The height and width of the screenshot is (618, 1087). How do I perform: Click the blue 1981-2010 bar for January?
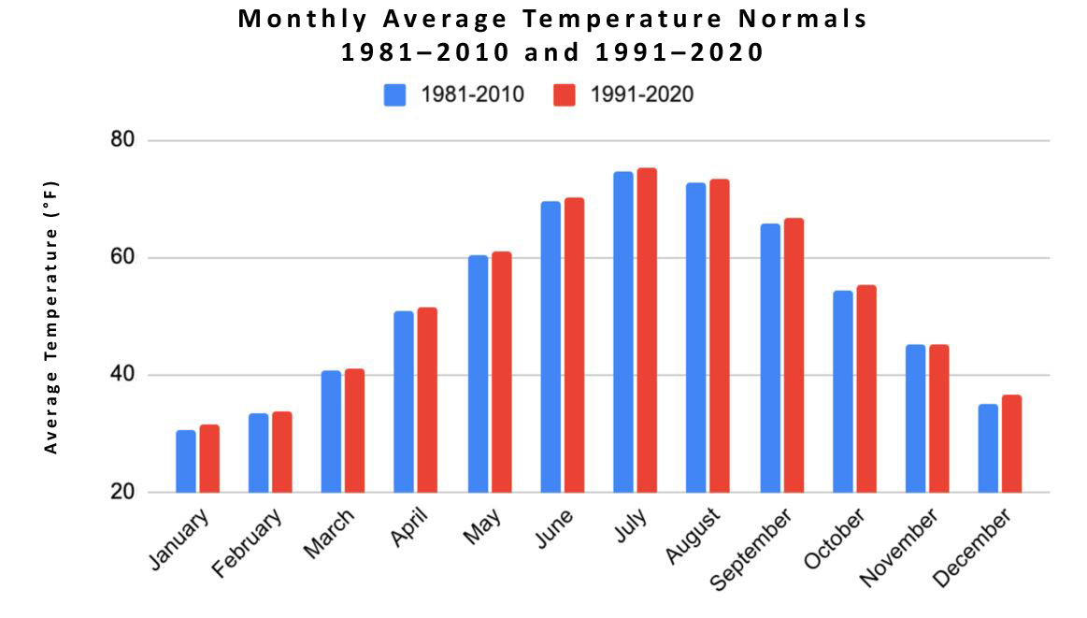(x=186, y=461)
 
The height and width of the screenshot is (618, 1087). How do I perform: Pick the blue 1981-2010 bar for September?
(x=770, y=358)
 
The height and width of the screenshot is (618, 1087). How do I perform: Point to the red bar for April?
(x=427, y=400)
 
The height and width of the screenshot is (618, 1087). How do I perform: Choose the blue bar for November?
(x=916, y=419)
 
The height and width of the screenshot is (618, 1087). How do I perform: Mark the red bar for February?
(x=282, y=452)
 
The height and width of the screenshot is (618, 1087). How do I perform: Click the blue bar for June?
(x=551, y=347)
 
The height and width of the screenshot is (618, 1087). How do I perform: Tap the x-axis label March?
(x=330, y=533)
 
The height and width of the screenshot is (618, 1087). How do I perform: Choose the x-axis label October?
(x=835, y=539)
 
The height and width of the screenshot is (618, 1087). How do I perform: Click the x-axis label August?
(x=694, y=537)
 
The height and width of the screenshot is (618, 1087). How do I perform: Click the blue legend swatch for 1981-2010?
(x=394, y=94)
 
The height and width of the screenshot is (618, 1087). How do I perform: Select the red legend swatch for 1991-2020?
(x=564, y=94)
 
